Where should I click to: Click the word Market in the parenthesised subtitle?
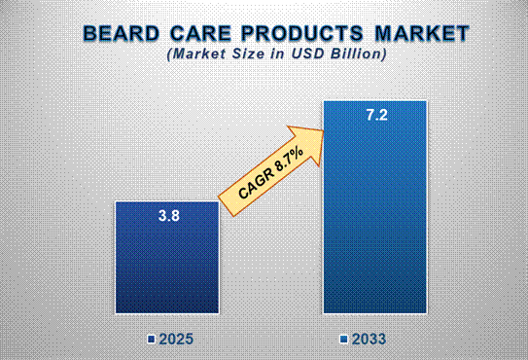[x=197, y=55]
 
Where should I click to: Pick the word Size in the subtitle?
[x=243, y=55]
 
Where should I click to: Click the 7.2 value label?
[x=374, y=116]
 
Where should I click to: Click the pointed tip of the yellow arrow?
[x=325, y=126]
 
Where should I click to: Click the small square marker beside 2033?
[x=344, y=340]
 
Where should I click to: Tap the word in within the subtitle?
[x=274, y=55]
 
